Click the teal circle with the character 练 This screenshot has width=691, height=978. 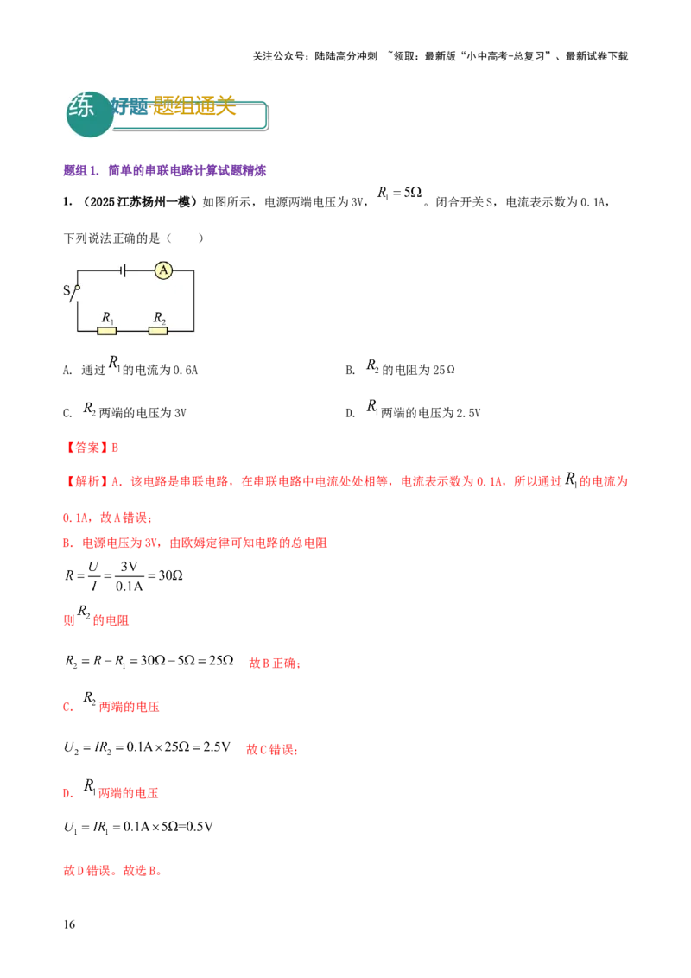pos(89,113)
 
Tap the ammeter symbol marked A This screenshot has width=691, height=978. pos(163,271)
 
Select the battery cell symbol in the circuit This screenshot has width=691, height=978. pos(124,271)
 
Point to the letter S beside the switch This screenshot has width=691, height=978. pos(67,291)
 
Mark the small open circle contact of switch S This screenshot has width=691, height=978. pos(78,287)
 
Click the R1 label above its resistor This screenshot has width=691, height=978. pos(107,317)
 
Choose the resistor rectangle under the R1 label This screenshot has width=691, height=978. pos(107,330)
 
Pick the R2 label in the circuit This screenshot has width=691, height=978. pos(159,317)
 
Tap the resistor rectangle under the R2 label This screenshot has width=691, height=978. pos(159,330)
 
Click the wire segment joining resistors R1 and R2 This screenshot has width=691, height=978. pos(133,330)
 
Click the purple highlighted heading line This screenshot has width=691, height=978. pos(165,171)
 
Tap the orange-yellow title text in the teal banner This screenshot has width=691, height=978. pos(193,105)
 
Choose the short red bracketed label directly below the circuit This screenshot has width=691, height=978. pos(94,448)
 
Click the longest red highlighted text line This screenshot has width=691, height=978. pos(345,482)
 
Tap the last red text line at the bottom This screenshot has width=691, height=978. pos(112,873)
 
